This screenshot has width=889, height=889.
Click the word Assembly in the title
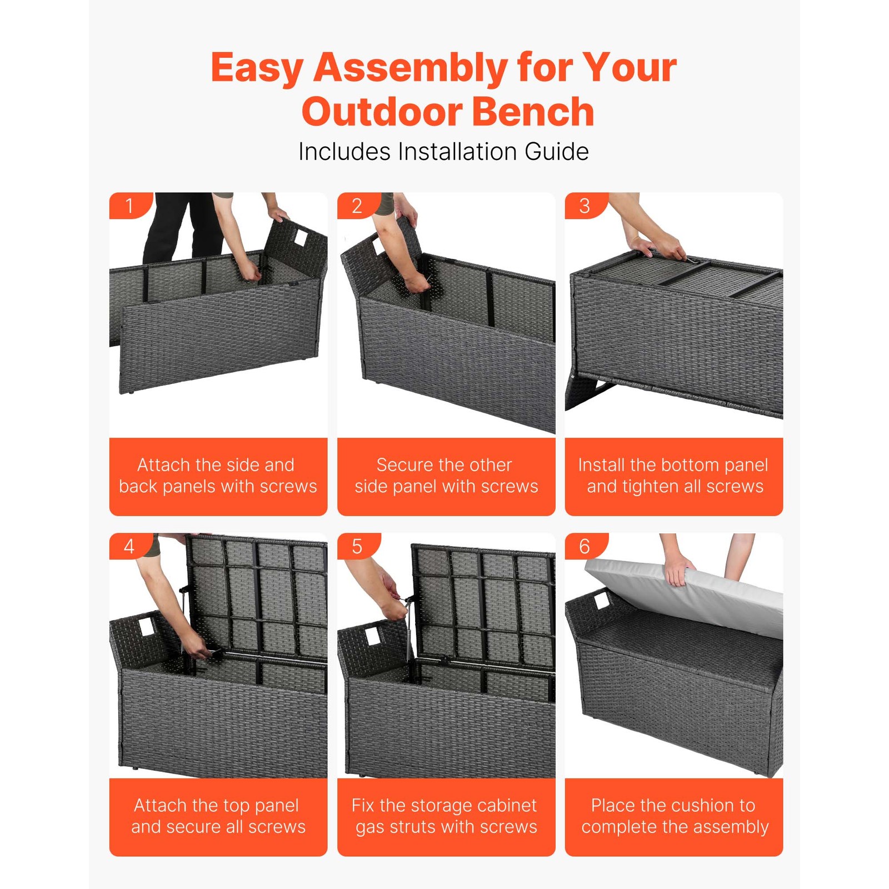pyautogui.click(x=409, y=68)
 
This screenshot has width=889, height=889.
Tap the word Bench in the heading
pyautogui.click(x=533, y=112)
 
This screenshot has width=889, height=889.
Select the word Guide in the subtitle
pyautogui.click(x=556, y=152)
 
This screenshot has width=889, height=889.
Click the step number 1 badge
pyautogui.click(x=129, y=206)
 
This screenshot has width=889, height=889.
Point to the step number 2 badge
pyautogui.click(x=357, y=206)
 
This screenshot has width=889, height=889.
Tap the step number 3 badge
pyautogui.click(x=584, y=206)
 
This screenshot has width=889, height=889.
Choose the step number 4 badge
pyautogui.click(x=129, y=546)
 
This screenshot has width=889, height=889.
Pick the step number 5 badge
pyautogui.click(x=357, y=546)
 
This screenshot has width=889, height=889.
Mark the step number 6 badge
pyautogui.click(x=584, y=546)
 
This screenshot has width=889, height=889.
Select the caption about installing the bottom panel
pyautogui.click(x=673, y=476)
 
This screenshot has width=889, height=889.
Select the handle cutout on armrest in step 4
pyautogui.click(x=146, y=627)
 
